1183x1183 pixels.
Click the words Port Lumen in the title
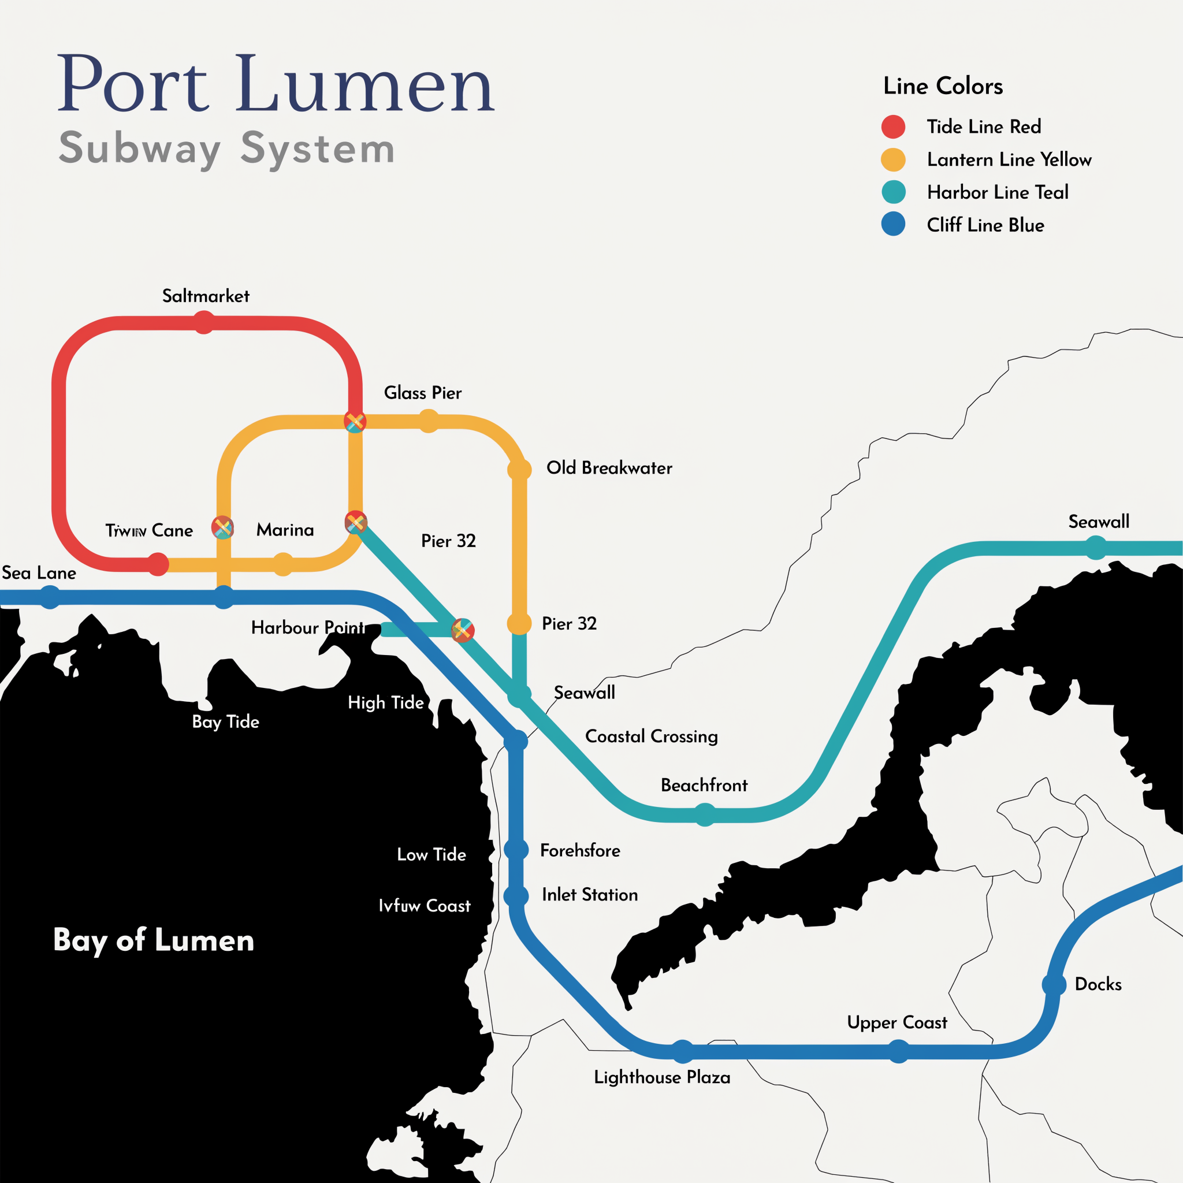point(276,84)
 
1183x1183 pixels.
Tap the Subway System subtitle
point(226,148)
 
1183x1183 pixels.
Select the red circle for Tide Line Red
point(894,127)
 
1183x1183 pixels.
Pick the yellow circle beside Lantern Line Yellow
point(894,160)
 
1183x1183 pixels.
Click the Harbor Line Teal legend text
point(998,192)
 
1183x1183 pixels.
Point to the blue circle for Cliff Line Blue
point(894,225)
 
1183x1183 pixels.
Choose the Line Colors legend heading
point(943,86)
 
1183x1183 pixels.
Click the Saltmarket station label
point(206,296)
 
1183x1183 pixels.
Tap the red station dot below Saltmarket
point(204,323)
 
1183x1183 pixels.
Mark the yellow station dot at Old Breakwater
point(519,470)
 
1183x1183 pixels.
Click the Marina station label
point(285,530)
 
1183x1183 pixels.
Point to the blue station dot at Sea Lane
point(50,597)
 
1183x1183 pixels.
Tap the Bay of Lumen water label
point(154,940)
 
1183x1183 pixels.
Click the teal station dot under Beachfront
point(705,815)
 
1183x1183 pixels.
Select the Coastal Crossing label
point(652,736)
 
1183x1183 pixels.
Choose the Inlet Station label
point(590,895)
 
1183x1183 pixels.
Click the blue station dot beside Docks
point(1054,985)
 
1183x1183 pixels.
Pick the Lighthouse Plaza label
point(662,1077)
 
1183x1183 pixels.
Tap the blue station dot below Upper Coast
point(898,1052)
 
